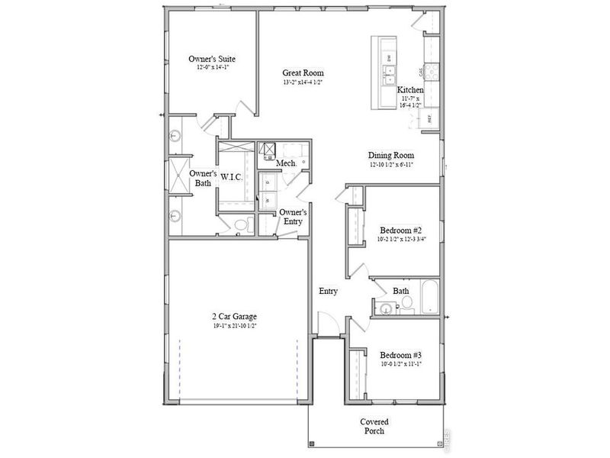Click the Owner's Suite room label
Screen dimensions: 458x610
211,58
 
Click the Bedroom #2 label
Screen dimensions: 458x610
400,230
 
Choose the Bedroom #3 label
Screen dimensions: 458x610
400,355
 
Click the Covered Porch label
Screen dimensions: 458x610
374,426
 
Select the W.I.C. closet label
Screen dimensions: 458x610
232,176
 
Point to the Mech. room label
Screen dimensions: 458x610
286,164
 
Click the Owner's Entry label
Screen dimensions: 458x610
293,217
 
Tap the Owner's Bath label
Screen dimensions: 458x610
203,178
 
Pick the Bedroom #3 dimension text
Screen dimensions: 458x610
400,365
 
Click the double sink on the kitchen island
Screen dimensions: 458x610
389,74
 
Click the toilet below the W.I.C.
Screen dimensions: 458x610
242,225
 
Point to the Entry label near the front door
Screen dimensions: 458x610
328,292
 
